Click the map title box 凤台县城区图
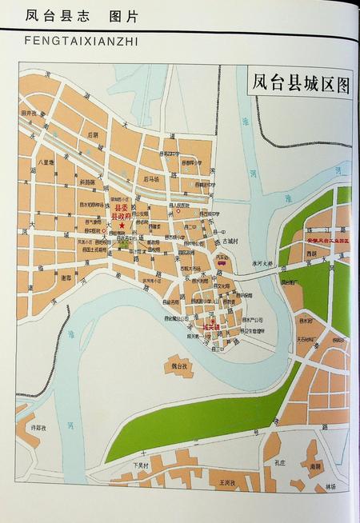[301, 83]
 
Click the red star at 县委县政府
[122, 226]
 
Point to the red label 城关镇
[210, 327]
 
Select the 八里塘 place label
[46, 162]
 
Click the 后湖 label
[94, 134]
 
